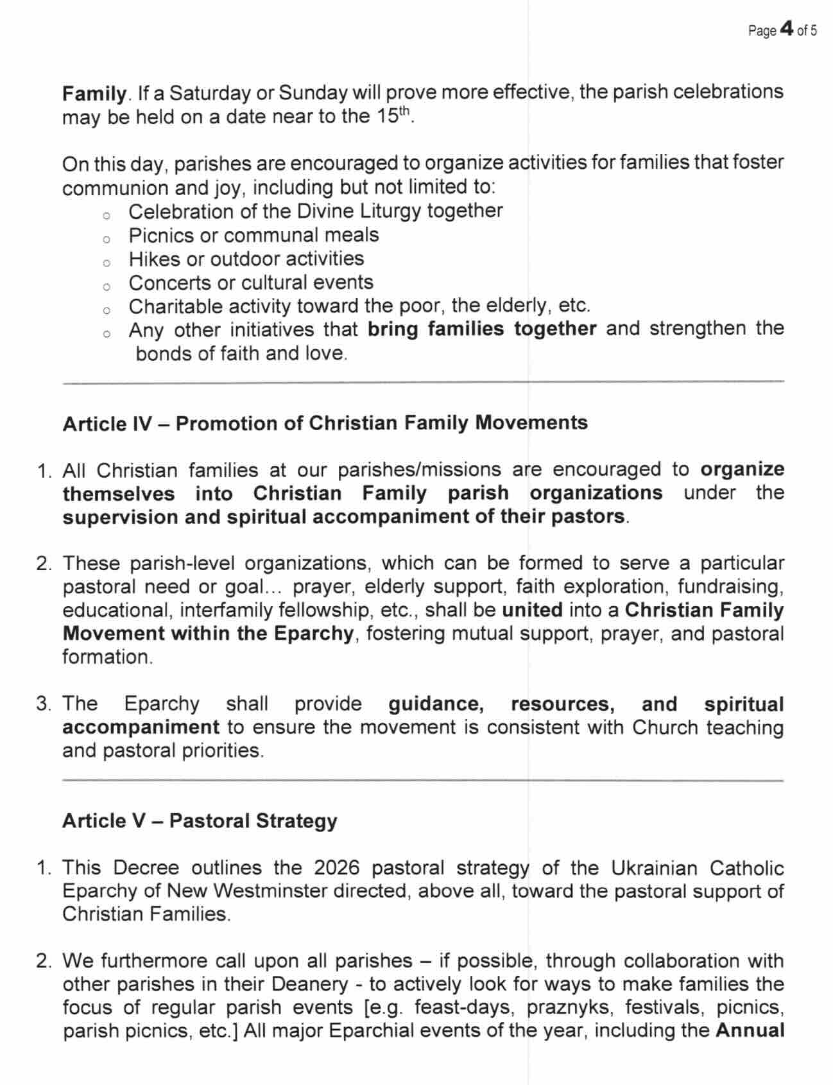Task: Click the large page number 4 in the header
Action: coord(786,30)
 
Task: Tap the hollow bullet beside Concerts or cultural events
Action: coord(107,286)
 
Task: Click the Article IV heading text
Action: coord(325,424)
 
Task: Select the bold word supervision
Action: coord(120,517)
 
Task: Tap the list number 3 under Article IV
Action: coord(43,704)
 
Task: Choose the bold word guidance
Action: coord(436,704)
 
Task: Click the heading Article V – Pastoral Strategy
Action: coord(199,821)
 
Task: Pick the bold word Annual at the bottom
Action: coord(750,1031)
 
